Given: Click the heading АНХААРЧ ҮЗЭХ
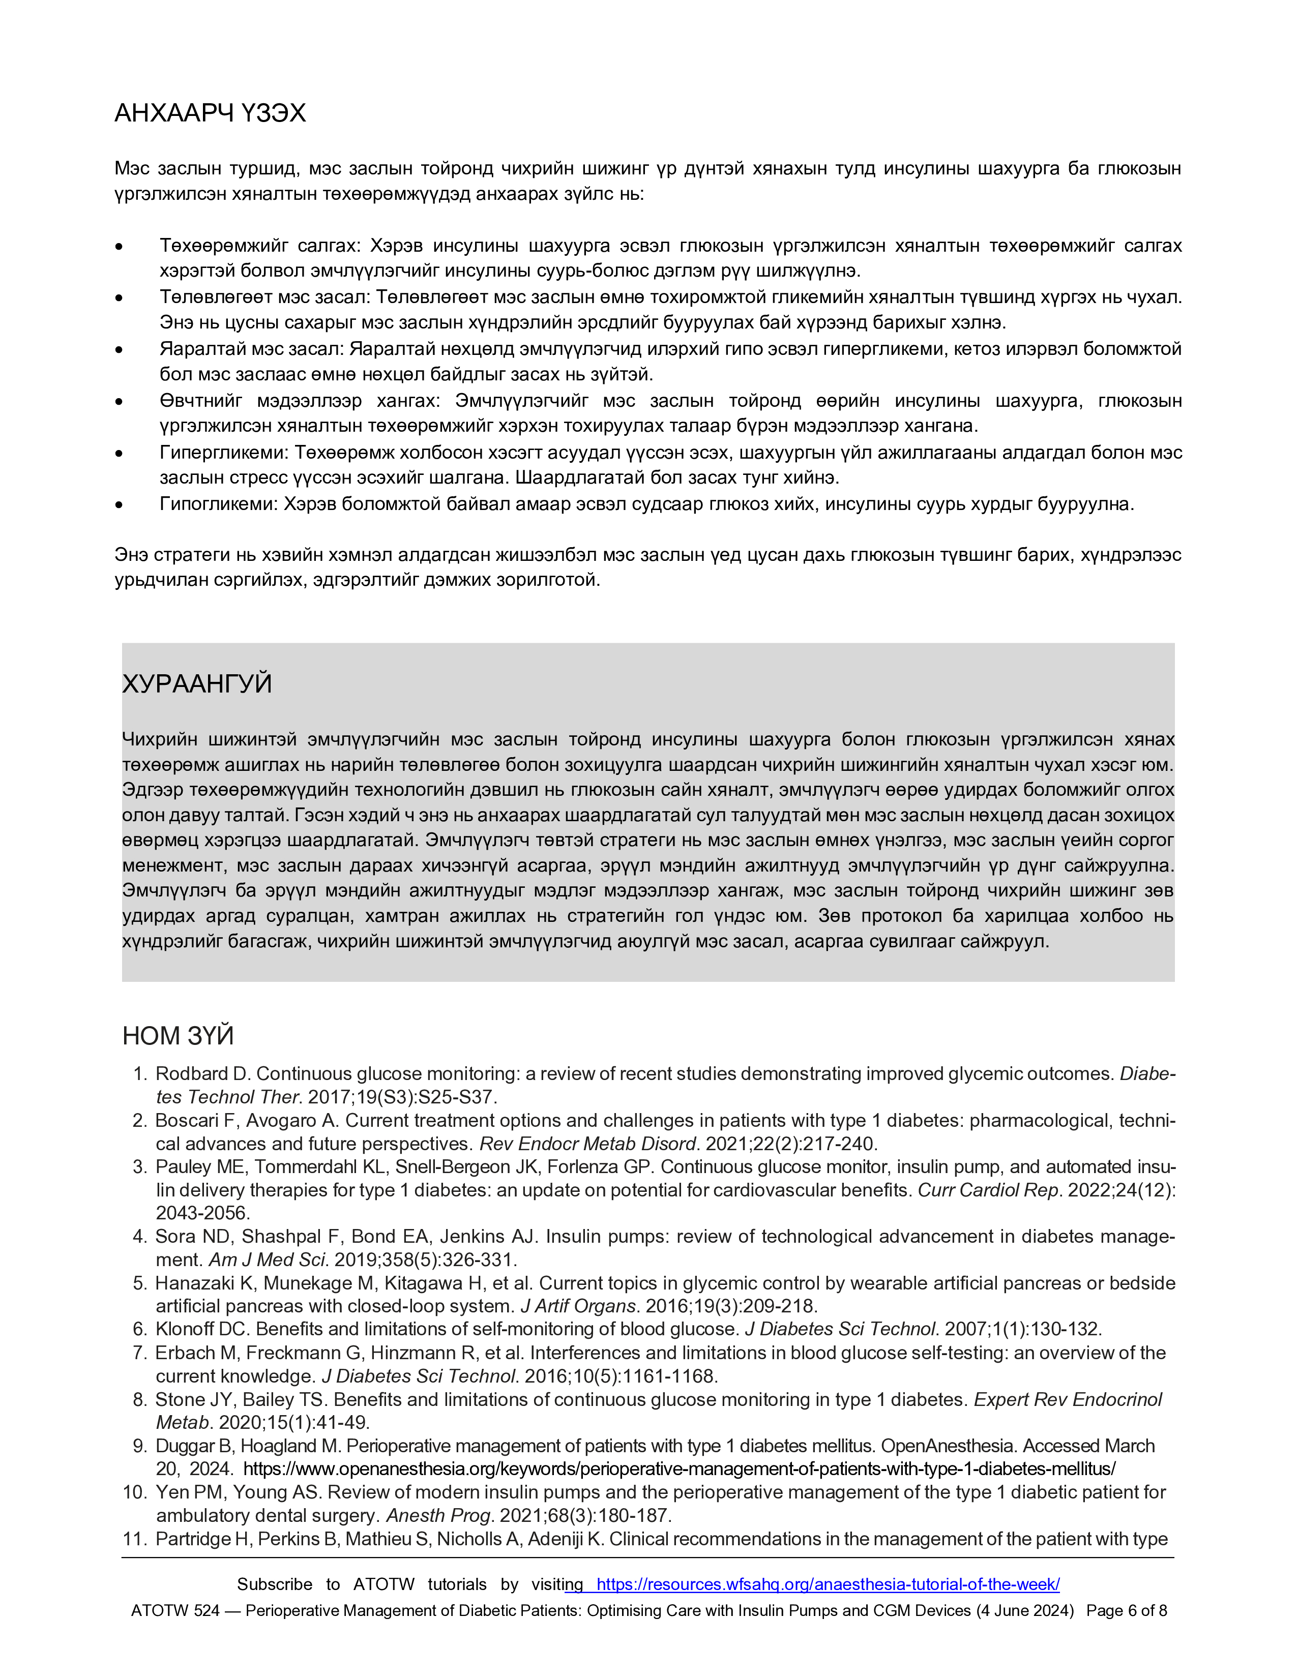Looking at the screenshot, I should (210, 114).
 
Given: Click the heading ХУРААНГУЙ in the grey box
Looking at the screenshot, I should (197, 684).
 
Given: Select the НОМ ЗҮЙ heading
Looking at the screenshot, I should (178, 1036).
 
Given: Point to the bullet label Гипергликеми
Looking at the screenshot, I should (223, 453).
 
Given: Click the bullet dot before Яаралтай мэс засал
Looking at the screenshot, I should (119, 350).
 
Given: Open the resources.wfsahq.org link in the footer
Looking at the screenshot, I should (828, 1584).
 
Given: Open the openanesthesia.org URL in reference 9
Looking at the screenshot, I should (679, 1469).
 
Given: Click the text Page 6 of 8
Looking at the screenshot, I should (1127, 1610).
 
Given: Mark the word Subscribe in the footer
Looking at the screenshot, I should (274, 1584).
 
